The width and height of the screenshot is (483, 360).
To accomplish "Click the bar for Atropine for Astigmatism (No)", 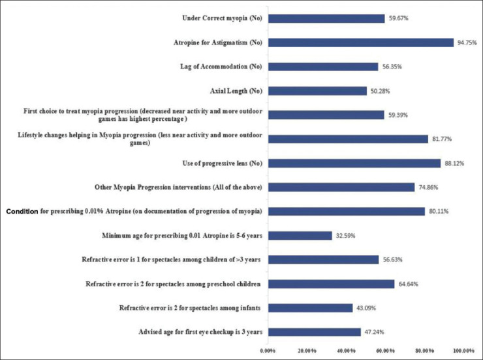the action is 361,42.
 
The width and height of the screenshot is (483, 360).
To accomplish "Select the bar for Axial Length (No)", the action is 317,91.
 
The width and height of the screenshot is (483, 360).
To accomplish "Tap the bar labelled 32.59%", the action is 300,236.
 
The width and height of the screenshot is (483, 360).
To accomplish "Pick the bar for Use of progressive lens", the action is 354,163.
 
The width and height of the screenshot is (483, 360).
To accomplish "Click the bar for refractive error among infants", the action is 310,308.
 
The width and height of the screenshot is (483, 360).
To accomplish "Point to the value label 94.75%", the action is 467,43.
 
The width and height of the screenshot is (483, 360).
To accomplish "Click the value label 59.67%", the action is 399,18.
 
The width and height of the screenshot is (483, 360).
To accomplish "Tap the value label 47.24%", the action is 374,333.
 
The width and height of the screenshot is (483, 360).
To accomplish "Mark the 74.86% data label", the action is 428,188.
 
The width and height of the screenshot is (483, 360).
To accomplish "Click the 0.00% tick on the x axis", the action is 268,351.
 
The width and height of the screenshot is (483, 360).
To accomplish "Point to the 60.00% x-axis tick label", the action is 385,351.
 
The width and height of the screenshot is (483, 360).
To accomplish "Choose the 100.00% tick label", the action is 464,351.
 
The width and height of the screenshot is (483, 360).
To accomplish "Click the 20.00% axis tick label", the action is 307,351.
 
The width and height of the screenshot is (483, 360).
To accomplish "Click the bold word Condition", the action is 22,212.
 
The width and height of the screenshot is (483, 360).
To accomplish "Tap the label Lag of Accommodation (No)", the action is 221,67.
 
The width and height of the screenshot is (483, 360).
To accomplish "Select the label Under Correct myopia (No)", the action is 222,18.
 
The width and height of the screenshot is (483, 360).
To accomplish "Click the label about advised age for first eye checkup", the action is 200,332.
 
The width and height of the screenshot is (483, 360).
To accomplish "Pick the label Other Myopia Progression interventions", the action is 178,188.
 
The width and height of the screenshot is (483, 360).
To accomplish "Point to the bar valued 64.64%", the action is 331,284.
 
